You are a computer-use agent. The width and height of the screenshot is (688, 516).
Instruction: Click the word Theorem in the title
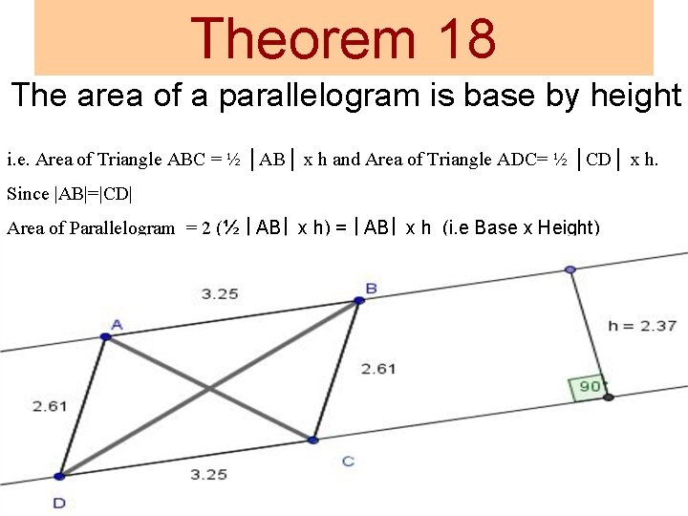click(303, 38)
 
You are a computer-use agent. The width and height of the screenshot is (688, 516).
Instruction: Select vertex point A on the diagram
click(106, 336)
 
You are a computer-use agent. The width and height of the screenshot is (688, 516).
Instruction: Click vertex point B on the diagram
click(359, 300)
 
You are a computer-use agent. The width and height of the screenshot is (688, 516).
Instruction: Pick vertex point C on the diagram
click(312, 440)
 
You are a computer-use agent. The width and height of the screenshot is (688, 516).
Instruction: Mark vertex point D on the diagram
click(59, 476)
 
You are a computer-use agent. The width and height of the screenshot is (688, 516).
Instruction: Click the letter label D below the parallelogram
click(59, 502)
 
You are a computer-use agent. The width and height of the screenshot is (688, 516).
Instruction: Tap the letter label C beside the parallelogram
click(348, 462)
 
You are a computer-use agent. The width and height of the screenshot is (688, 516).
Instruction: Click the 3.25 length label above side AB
click(220, 293)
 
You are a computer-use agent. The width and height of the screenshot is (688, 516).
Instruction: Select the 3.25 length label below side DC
click(208, 474)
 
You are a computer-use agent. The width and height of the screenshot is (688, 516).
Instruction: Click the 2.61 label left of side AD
click(50, 406)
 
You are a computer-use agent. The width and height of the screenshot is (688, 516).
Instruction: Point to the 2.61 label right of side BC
click(378, 369)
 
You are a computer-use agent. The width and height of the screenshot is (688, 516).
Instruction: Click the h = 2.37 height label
click(642, 326)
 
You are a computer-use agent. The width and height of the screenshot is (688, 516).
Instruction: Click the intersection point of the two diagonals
click(209, 388)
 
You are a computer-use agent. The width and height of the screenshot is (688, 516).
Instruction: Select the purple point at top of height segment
click(570, 269)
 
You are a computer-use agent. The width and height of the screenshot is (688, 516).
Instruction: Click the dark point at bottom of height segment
click(608, 396)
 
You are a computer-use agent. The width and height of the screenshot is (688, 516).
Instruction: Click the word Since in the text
click(28, 194)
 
